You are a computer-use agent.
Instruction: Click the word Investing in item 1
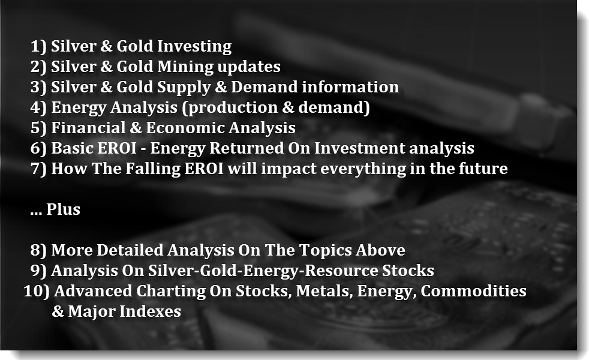194,47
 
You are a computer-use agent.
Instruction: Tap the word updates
249,67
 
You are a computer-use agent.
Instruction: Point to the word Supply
184,88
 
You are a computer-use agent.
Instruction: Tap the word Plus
63,209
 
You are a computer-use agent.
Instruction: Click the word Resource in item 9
341,271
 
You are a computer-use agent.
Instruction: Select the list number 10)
37,292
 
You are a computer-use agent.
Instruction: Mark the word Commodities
473,291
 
